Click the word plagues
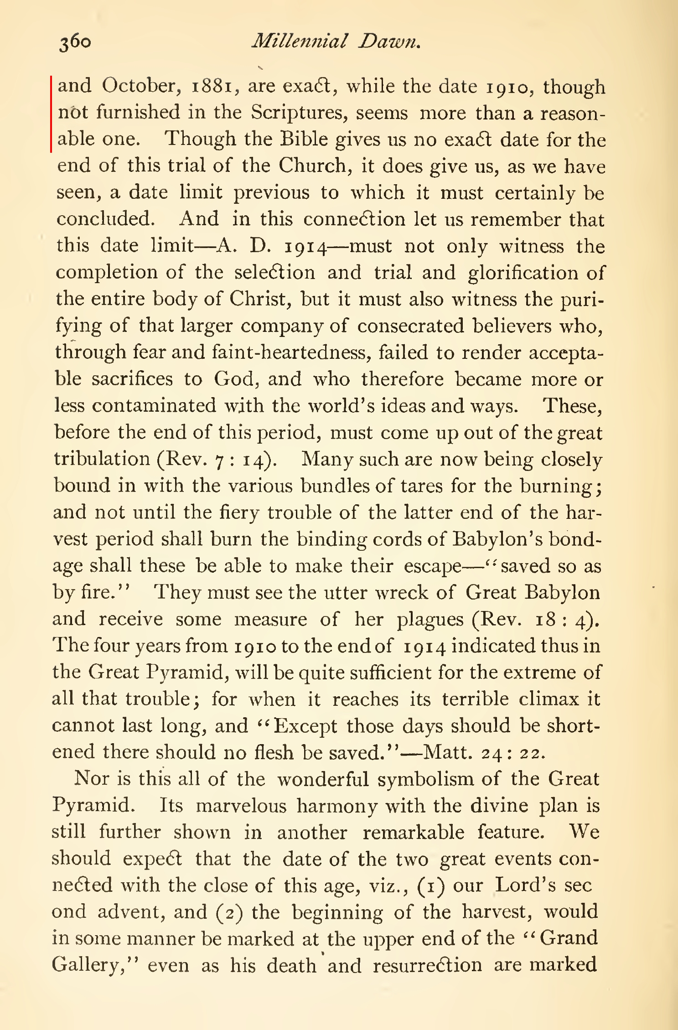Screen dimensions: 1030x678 (430, 619)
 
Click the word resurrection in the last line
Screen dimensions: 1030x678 (427, 965)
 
